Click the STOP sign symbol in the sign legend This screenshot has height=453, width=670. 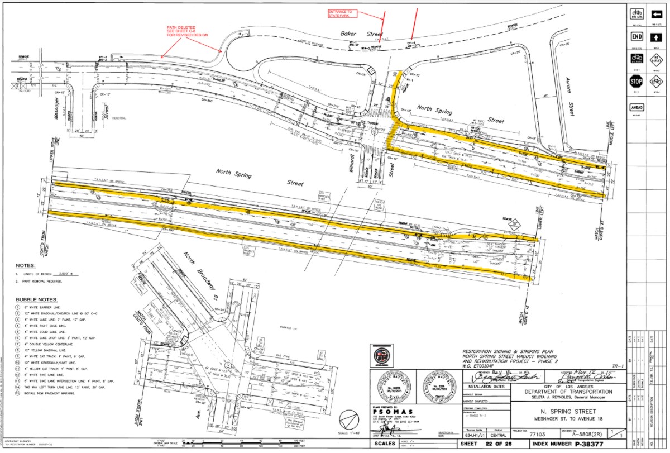[x=636, y=82]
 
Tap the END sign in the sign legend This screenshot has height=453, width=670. [x=636, y=37]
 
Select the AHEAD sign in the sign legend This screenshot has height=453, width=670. [x=636, y=107]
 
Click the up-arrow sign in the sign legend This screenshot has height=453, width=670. [x=657, y=37]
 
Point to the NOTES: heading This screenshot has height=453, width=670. [x=26, y=266]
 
